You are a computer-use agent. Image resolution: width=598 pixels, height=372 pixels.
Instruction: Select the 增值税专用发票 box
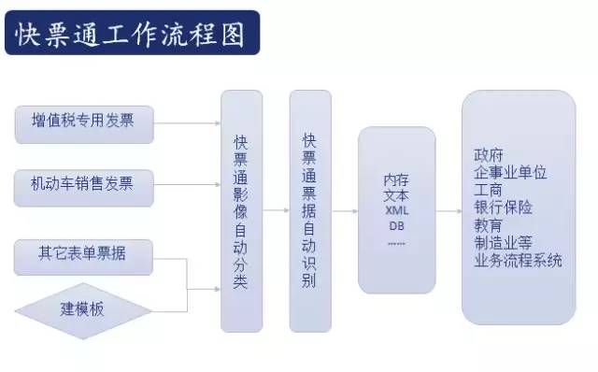tap(84, 121)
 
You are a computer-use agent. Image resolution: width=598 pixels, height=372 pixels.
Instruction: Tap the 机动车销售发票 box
tap(84, 183)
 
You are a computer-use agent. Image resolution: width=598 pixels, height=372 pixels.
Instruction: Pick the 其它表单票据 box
tap(84, 251)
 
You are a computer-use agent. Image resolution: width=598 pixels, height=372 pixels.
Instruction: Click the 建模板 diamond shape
tap(83, 308)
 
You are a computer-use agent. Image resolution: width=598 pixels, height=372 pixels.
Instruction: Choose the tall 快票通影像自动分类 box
tap(241, 210)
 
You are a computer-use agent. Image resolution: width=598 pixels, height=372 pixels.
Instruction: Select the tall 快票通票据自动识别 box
tap(310, 210)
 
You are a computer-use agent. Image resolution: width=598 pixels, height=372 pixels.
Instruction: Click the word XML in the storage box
tap(397, 211)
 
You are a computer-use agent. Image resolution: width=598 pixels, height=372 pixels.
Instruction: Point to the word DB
tap(397, 226)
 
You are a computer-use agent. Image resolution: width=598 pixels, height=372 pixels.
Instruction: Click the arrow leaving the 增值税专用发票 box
tap(186, 121)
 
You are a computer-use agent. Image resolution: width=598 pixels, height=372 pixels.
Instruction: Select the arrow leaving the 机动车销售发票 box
tap(186, 183)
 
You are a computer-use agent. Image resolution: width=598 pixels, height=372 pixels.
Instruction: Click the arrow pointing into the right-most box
tap(448, 210)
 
